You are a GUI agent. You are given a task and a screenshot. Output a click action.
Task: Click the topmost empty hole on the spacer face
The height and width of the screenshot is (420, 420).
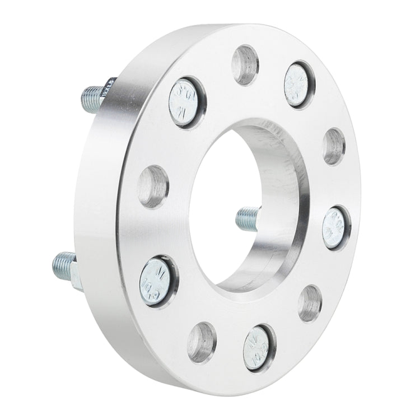[245, 64]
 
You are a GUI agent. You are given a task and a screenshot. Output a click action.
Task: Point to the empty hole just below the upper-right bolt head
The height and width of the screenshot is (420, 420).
[334, 146]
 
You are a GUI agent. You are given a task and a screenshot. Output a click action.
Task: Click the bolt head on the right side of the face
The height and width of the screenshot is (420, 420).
[336, 227]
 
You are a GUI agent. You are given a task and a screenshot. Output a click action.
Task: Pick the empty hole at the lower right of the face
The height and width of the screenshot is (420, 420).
[310, 302]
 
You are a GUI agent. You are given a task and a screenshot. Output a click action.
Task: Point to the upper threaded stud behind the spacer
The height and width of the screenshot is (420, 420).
[95, 94]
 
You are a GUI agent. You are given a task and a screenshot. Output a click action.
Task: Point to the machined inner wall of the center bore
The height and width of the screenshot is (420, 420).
[280, 168]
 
